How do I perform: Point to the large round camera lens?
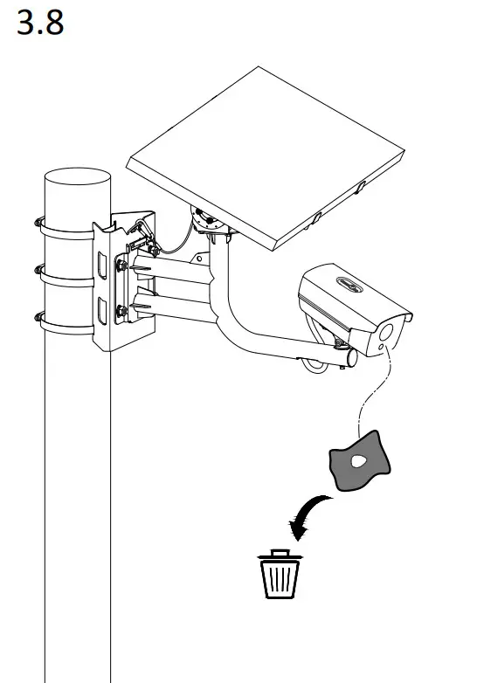[x=388, y=333]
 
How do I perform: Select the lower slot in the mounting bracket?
[x=104, y=310]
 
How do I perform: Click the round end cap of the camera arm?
[x=350, y=357]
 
